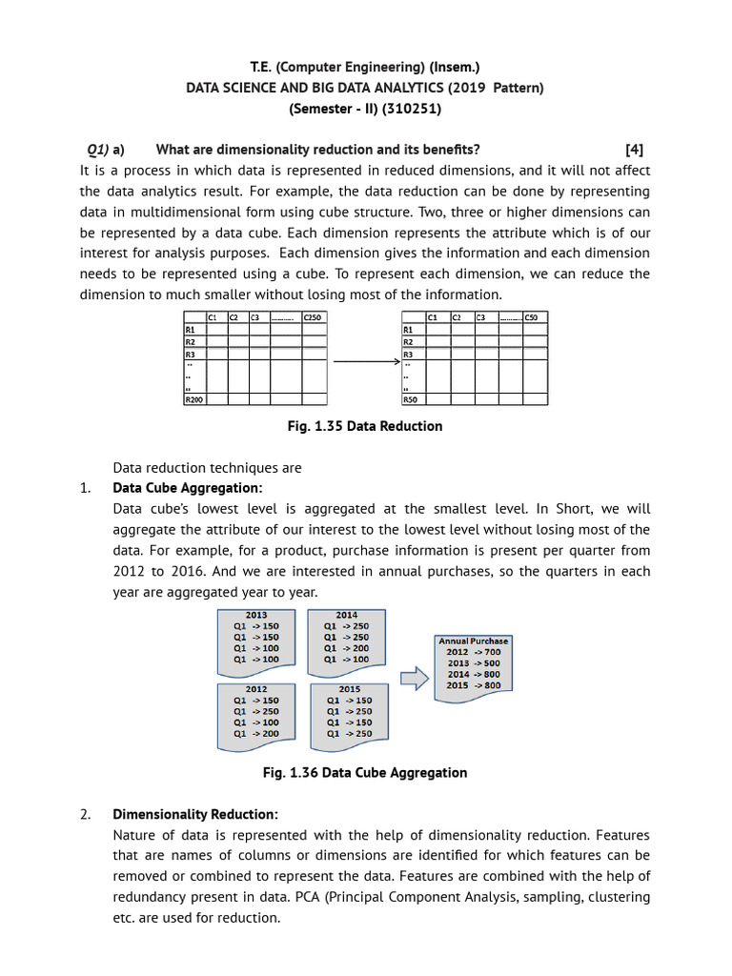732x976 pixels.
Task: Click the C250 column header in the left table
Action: (x=313, y=317)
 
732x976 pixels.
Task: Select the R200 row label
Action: (x=193, y=399)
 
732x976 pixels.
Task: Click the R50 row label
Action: (x=411, y=399)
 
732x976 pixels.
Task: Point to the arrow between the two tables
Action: (x=365, y=361)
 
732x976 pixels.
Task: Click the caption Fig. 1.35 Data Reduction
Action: (x=365, y=426)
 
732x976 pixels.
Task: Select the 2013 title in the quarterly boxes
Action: (x=256, y=615)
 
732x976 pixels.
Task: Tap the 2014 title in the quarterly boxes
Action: (x=346, y=615)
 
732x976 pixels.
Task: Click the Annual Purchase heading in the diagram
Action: (x=474, y=640)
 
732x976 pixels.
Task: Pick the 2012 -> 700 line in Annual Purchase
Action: (x=474, y=652)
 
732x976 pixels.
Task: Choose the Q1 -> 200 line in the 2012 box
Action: (x=256, y=734)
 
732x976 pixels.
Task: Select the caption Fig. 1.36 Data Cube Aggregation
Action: (x=365, y=772)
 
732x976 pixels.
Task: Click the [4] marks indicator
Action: (x=635, y=149)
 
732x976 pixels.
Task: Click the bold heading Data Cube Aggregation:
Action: (x=187, y=488)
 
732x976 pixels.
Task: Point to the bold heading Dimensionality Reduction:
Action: (x=195, y=814)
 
